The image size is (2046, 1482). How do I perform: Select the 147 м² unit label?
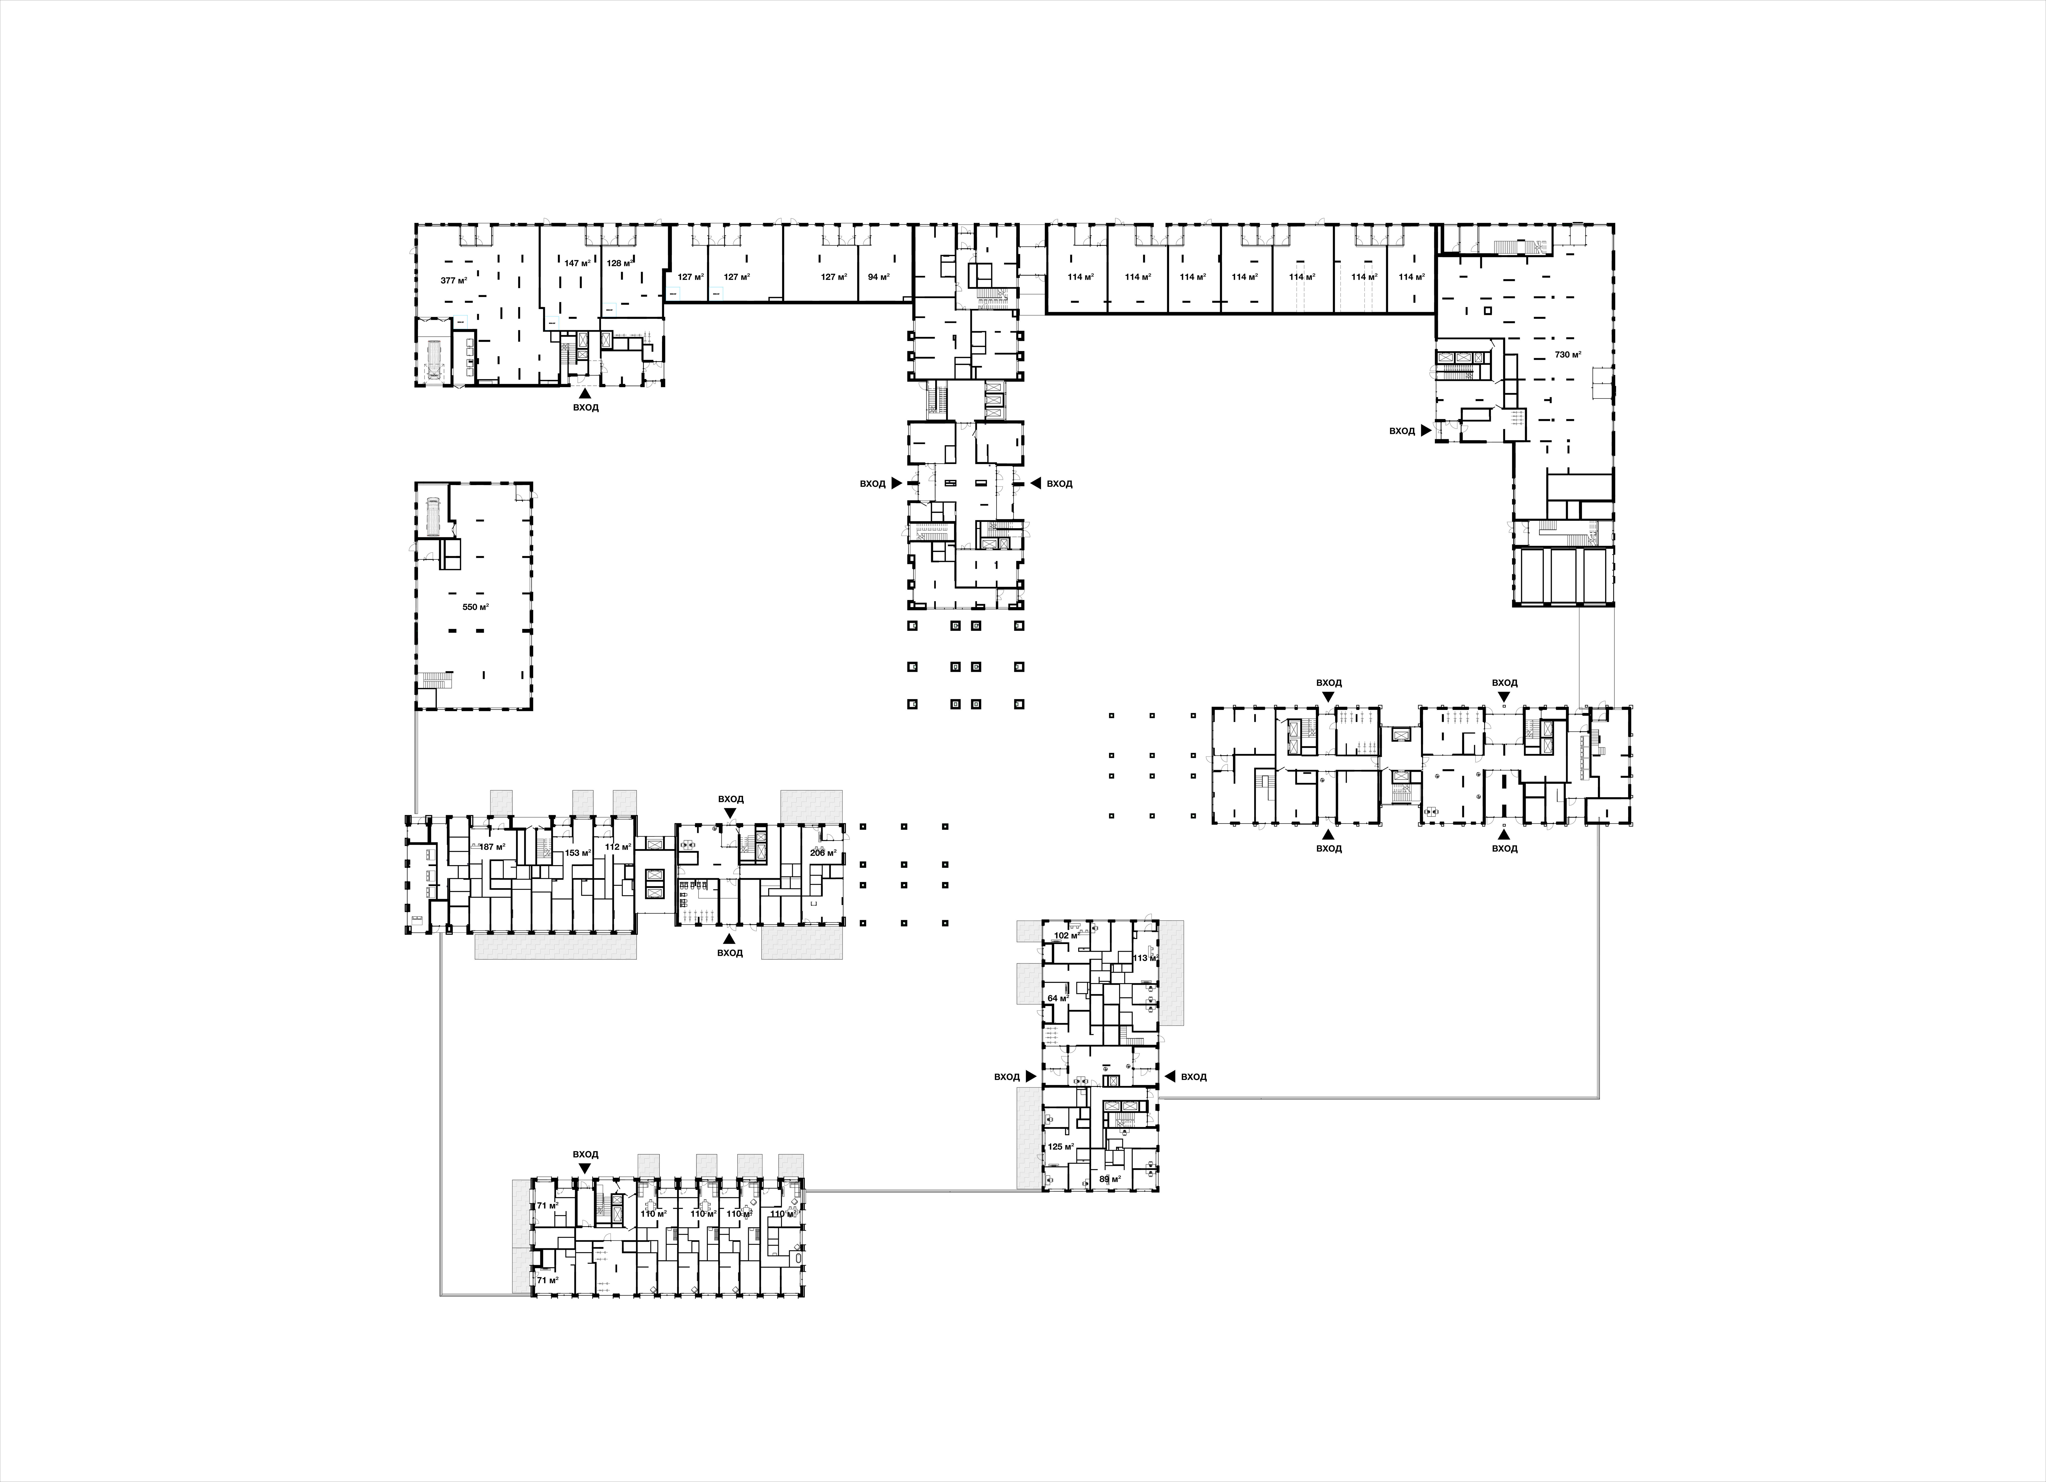click(577, 264)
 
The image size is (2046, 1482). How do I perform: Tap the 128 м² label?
click(620, 264)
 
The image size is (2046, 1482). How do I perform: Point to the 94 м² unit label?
click(878, 277)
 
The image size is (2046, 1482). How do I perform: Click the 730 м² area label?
click(1568, 355)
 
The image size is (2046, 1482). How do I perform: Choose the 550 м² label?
click(476, 607)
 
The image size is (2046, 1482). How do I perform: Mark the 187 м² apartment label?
click(492, 847)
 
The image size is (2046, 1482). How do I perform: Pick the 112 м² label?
click(618, 847)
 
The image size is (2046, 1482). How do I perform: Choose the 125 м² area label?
click(1060, 1147)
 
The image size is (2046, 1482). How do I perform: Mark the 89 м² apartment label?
click(1110, 1179)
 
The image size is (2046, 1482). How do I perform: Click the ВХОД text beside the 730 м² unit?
click(1402, 431)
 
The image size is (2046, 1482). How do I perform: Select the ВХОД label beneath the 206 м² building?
click(730, 953)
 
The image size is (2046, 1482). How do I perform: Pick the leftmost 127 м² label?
click(690, 277)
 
